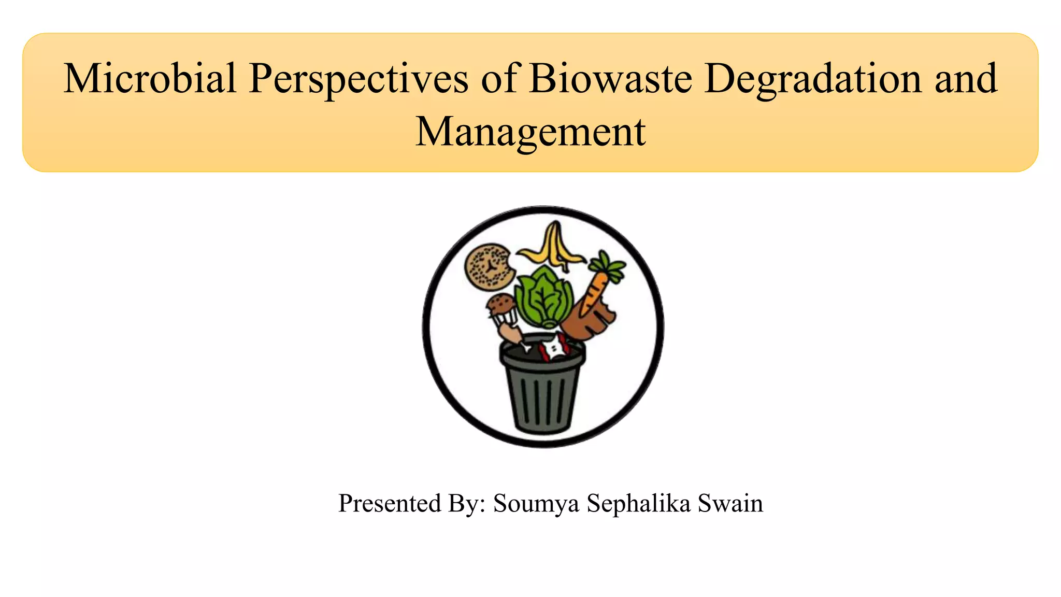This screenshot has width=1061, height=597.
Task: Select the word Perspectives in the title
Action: (358, 79)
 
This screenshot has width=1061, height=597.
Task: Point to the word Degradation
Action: (813, 79)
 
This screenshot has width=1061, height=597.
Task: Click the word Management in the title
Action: (530, 133)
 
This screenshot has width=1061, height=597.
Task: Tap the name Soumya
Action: (536, 503)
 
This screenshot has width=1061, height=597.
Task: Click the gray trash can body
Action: (543, 399)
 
